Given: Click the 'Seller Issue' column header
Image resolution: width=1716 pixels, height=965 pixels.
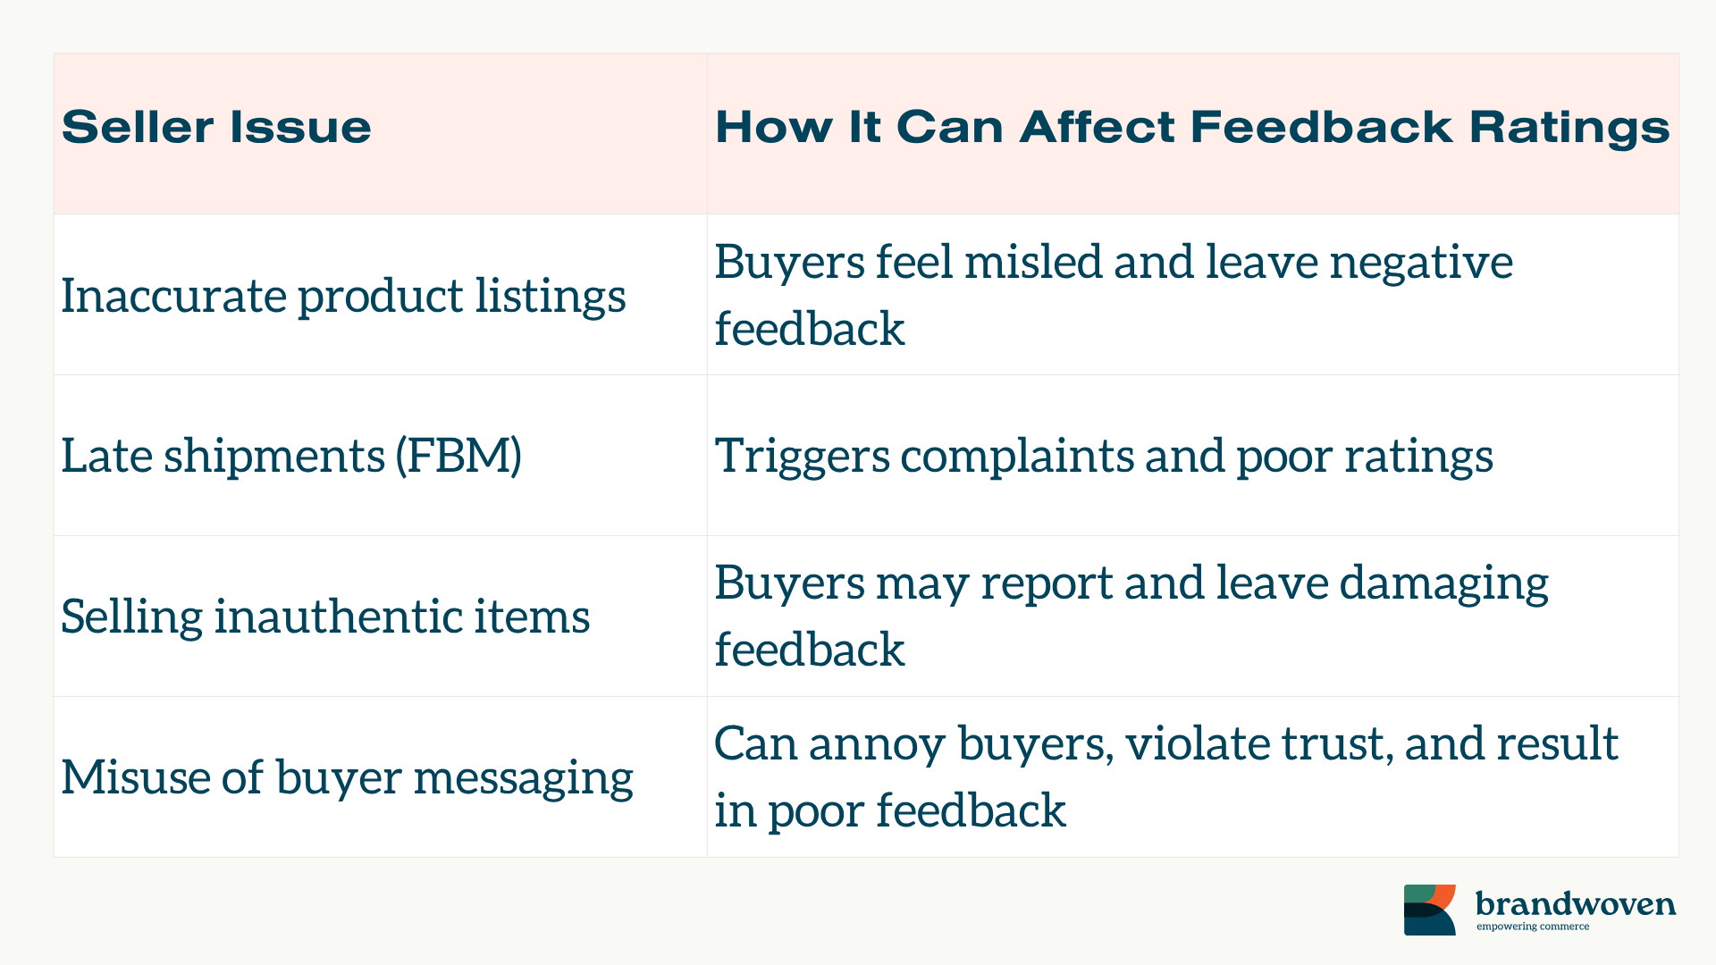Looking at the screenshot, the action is [216, 127].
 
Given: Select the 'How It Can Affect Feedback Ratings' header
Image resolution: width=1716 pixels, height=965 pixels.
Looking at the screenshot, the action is [1192, 127].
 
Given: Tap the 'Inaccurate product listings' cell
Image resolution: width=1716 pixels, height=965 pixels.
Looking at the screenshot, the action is [343, 296].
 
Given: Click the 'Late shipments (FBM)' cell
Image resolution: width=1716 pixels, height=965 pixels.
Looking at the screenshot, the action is [291, 456].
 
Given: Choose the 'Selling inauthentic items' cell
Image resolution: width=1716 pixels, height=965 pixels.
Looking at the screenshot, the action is [325, 617].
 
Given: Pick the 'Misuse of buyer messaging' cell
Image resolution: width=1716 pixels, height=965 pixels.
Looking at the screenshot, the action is [347, 777].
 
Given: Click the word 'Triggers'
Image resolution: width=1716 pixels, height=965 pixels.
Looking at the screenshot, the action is [802, 457].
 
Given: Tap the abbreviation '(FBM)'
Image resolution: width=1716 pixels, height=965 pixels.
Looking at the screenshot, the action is [458, 456].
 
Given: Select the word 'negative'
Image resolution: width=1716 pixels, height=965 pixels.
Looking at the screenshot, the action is [1421, 263].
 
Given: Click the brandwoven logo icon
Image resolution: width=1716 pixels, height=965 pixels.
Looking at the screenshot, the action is [1430, 910].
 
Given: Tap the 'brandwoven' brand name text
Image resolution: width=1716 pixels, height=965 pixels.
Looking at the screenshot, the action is [1576, 903].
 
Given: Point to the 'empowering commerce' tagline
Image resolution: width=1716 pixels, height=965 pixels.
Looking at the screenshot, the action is [1533, 927].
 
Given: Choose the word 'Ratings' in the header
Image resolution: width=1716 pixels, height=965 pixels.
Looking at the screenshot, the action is [1569, 128].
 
